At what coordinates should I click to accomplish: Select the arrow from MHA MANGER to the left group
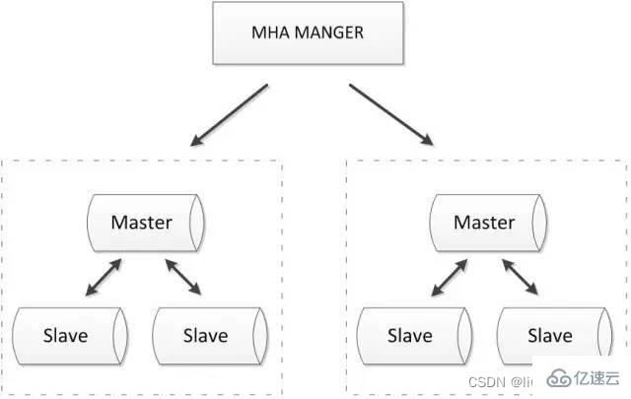point(230,113)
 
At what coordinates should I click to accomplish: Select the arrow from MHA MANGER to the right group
point(389,113)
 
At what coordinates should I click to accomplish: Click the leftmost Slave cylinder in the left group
point(69,336)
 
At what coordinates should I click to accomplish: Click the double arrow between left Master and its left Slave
point(104,278)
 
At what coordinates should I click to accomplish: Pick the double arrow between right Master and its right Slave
point(522,278)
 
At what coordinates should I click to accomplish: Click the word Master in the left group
point(140,223)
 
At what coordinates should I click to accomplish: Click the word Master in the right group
point(483,223)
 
